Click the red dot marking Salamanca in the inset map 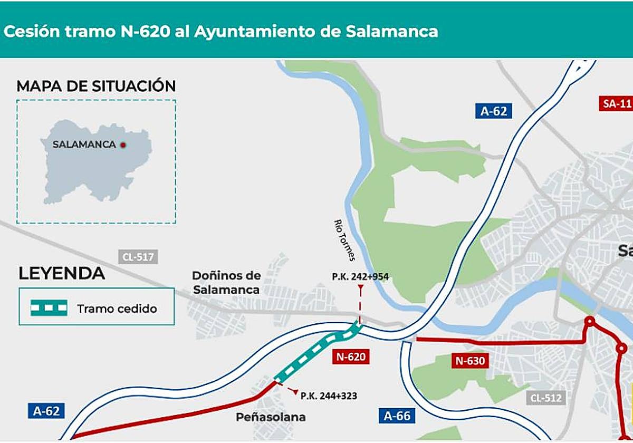coord(123,145)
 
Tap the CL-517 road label coord(138,257)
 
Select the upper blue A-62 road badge coord(493,111)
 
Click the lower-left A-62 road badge coord(46,411)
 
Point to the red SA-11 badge coord(616,103)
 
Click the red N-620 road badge coord(350,357)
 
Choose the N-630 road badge coord(469,361)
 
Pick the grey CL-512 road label coord(546,398)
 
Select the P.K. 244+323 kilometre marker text coord(329,395)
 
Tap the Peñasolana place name coord(271,417)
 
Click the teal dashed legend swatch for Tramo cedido coord(49,308)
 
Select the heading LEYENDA coord(62,274)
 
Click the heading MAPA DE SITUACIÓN coord(96,86)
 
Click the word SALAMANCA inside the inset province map coord(84,145)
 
